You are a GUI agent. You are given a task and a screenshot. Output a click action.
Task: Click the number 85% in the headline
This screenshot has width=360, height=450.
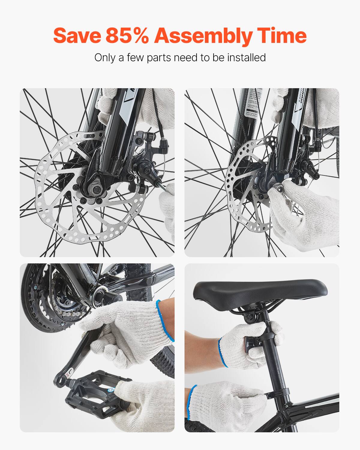(127, 35)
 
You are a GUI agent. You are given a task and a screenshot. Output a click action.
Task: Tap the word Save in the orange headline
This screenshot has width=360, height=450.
(77, 35)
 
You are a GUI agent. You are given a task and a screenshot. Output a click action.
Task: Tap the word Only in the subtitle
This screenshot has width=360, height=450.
(104, 57)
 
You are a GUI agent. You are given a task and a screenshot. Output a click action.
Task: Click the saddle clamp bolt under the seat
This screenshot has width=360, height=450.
(249, 317)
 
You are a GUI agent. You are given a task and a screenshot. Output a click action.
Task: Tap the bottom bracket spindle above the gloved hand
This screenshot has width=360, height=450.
(100, 295)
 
